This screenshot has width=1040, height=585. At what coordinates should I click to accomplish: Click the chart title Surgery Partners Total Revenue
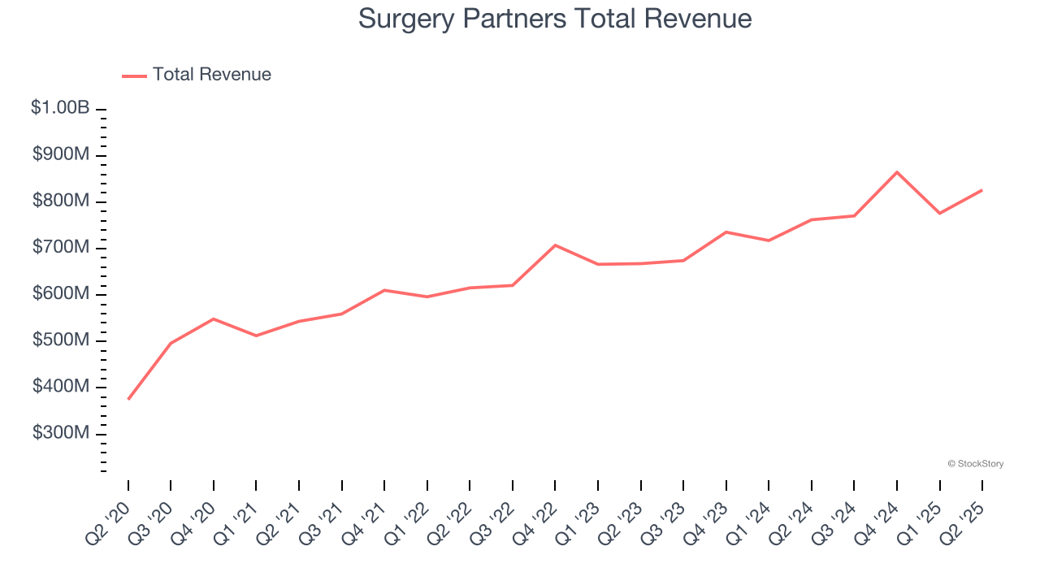555,19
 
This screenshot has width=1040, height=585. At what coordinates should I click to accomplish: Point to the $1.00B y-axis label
60,108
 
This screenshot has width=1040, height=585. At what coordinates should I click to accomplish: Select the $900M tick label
61,154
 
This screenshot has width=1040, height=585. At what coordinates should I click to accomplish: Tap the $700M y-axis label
61,247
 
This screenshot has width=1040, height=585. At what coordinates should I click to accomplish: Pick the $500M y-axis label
61,340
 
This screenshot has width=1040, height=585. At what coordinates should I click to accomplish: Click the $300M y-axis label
61,433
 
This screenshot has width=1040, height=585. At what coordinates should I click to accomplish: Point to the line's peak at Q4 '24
897,172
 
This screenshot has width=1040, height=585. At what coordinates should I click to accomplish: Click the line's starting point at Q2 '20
128,399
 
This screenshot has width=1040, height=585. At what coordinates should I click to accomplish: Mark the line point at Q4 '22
555,245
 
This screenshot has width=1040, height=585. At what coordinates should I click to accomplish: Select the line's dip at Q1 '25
939,213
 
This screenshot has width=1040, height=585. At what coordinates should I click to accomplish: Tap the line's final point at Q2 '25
982,190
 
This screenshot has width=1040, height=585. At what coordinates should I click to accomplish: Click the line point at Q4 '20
214,318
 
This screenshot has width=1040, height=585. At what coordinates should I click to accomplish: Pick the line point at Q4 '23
726,232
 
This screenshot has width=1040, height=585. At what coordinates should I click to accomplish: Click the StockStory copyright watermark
976,464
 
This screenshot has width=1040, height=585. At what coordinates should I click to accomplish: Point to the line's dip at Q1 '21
256,336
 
